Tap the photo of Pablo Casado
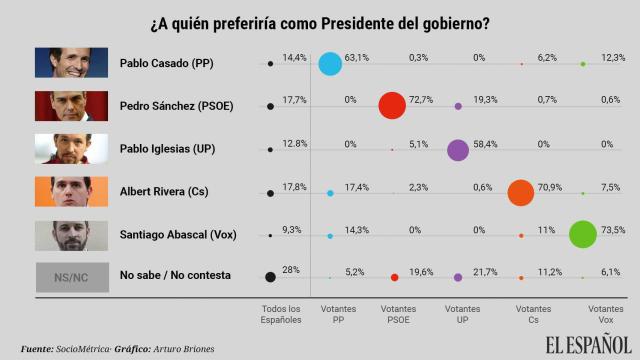click(71, 63)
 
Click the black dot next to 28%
click(270, 277)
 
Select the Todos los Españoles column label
click(280, 315)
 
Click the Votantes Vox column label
click(602, 315)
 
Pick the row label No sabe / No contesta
click(175, 276)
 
